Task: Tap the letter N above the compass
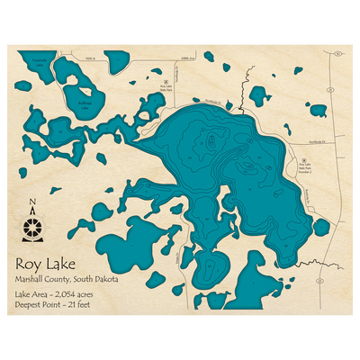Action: coord(34,203)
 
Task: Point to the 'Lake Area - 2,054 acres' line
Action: coord(63,295)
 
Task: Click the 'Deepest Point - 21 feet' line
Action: coord(62,307)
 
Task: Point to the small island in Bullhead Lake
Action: coord(88,91)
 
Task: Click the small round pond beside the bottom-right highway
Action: coord(319,227)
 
